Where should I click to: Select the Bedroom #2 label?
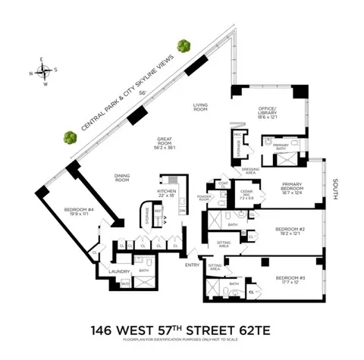coord(290,230)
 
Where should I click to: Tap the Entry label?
coord(191,263)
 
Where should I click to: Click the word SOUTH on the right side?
coord(335,190)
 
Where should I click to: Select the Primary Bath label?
coord(279,145)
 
